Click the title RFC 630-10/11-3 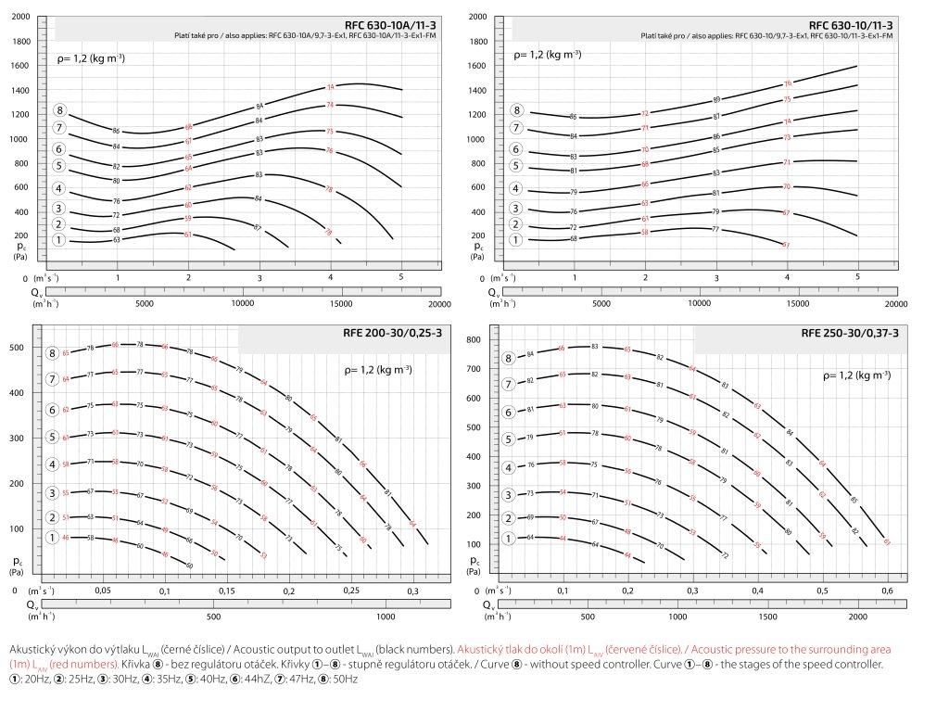point(851,24)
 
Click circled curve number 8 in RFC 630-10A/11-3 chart point(60,111)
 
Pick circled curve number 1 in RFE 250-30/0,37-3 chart point(508,538)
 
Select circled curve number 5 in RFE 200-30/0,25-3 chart point(54,437)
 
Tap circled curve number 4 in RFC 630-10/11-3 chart point(515,189)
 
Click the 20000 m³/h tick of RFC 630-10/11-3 point(895,303)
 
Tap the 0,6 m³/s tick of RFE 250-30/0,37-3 point(888,591)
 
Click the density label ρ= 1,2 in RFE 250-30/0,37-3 point(857,375)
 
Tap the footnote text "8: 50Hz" point(341,680)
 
